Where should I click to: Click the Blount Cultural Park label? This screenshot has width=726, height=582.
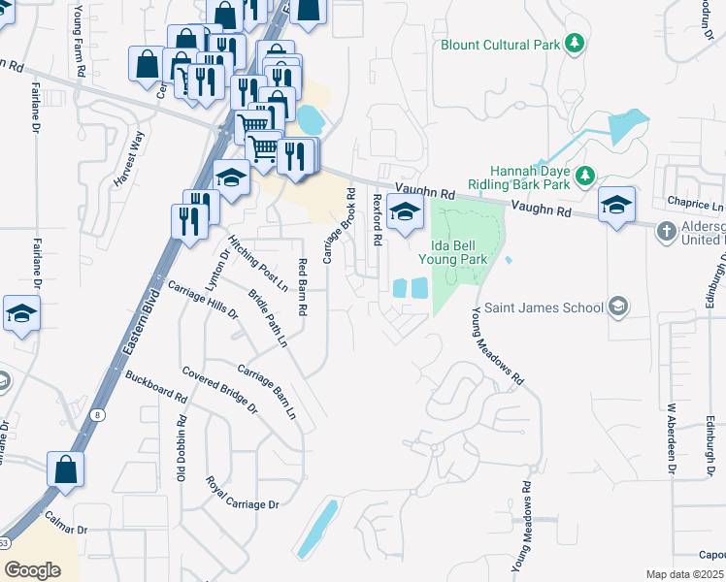click(499, 45)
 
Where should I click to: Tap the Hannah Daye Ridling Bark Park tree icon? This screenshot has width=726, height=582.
click(584, 176)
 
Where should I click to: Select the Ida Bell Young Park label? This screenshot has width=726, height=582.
click(452, 252)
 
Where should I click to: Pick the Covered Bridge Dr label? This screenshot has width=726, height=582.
click(219, 390)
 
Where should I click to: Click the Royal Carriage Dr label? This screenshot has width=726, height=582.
click(242, 493)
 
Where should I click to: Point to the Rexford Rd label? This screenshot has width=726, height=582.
click(377, 219)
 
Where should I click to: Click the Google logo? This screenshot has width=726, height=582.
click(32, 569)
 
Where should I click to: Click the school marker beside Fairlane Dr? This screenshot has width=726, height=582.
click(20, 313)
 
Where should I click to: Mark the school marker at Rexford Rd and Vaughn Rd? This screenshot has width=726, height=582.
click(405, 212)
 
